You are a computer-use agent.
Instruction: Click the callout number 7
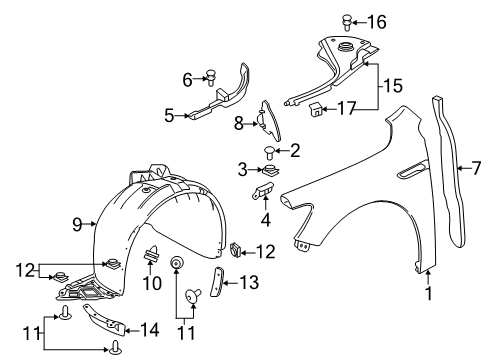pos(476,169)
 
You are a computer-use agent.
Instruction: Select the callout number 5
pos(169,116)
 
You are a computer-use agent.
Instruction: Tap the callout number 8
pos(240,124)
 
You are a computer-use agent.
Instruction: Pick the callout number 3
pos(242,168)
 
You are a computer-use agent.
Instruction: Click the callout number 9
pos(76,225)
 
